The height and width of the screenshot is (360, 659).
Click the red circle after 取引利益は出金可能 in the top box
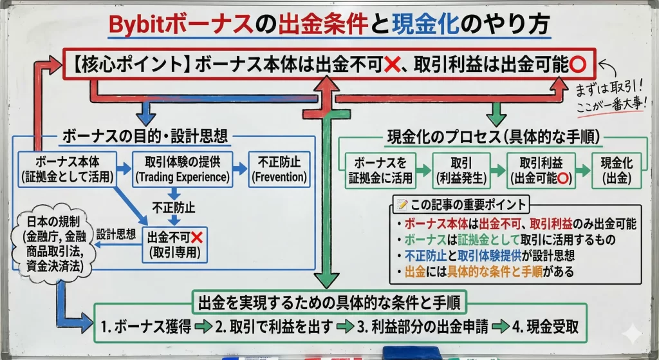pos(577,65)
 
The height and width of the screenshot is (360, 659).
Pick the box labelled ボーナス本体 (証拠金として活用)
pos(66,167)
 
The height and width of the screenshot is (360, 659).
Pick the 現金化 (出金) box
pos(615,169)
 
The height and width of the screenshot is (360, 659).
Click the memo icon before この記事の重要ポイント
pos(402,205)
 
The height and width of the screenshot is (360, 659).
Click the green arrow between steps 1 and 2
pos(204,327)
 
